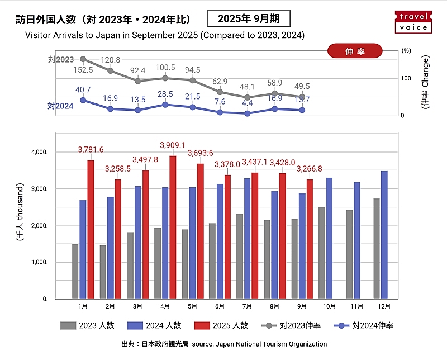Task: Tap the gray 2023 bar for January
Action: point(75,271)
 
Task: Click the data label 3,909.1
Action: point(173,145)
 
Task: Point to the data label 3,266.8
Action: point(310,168)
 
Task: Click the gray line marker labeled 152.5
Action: point(83,59)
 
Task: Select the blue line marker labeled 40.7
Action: point(83,100)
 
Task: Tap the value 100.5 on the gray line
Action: point(165,67)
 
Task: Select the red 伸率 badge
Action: point(355,51)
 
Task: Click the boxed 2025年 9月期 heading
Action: point(249,18)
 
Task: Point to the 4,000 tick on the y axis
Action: point(39,152)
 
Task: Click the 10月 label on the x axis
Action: point(329,306)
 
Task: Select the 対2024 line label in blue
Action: point(60,106)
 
